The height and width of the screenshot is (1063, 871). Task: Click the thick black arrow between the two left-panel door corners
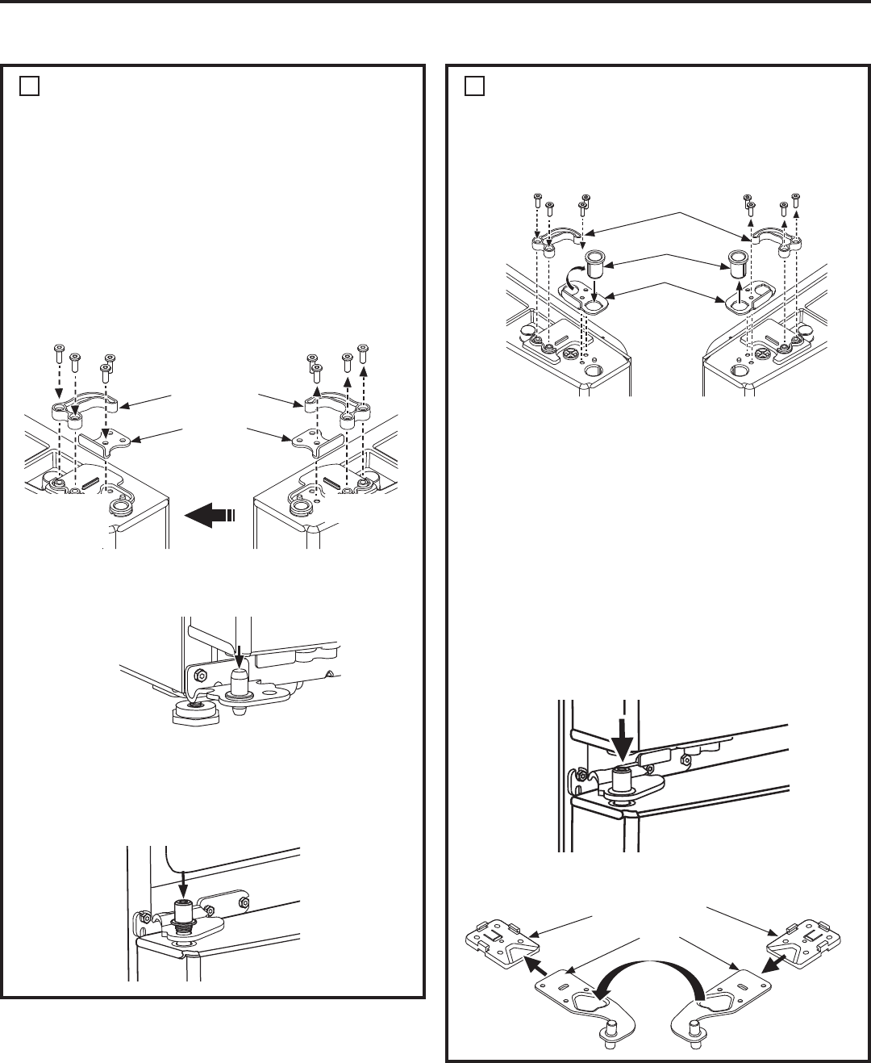tap(209, 514)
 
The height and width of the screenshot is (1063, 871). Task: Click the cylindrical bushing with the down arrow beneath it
tap(594, 263)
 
